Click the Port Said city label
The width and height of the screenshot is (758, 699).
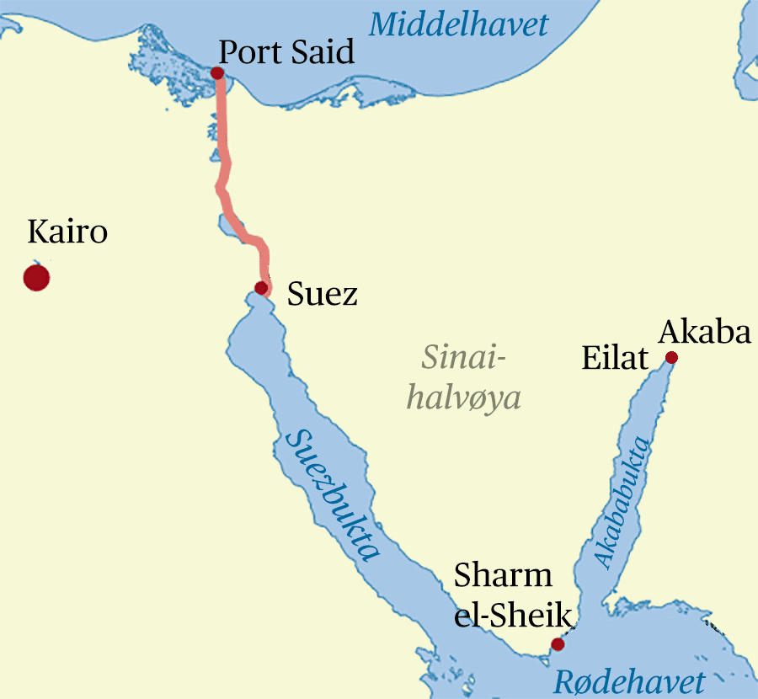[286, 54]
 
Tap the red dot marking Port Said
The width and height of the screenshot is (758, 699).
[217, 73]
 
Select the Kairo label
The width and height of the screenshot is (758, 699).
[67, 232]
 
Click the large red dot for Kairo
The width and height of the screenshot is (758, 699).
[36, 277]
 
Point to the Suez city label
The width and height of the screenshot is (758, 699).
[322, 295]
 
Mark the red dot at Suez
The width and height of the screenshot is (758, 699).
[261, 288]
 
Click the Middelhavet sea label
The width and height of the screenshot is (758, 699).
[458, 24]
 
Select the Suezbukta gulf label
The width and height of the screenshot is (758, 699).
[334, 496]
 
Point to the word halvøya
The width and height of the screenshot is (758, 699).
[463, 397]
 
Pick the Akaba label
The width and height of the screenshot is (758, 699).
[704, 333]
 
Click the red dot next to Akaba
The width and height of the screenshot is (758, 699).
[671, 358]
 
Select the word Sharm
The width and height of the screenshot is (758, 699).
[503, 576]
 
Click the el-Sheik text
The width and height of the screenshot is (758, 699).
[514, 616]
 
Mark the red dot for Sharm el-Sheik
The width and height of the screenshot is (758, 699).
[557, 644]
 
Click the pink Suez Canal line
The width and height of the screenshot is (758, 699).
[224, 152]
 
